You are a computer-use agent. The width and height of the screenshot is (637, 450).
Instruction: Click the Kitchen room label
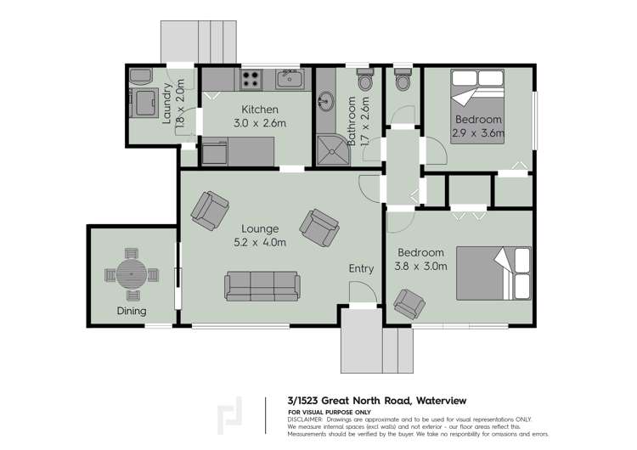pyautogui.click(x=260, y=110)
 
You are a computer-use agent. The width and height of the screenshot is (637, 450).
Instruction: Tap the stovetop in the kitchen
pyautogui.click(x=251, y=81)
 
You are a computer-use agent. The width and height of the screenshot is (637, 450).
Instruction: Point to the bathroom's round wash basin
pyautogui.click(x=324, y=104)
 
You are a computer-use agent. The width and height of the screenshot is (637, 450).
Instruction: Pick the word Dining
pyautogui.click(x=132, y=311)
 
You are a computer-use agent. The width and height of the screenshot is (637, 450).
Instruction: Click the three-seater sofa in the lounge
pyautogui.click(x=262, y=285)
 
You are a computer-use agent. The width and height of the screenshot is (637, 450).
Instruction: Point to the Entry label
pyautogui.click(x=361, y=269)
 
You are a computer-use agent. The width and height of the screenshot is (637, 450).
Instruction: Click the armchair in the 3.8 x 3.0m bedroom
pyautogui.click(x=411, y=303)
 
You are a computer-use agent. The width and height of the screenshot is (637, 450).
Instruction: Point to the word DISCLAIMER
pyautogui.click(x=305, y=419)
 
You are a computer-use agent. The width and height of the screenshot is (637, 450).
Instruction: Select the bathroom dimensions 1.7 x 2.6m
pyautogui.click(x=364, y=123)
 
